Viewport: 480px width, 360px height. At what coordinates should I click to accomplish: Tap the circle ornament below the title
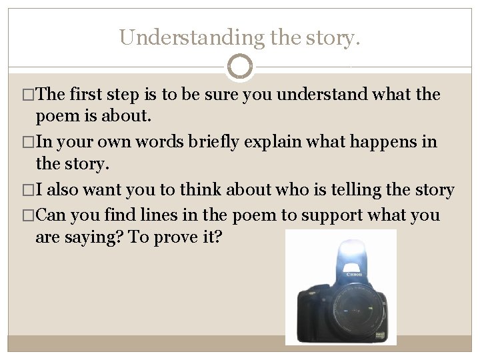click(x=240, y=67)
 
